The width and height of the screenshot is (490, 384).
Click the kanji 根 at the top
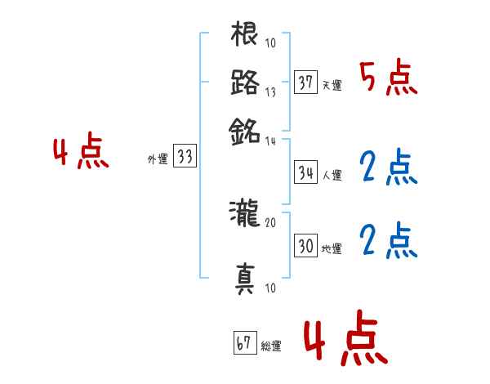[245, 36]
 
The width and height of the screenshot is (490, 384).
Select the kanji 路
[245, 83]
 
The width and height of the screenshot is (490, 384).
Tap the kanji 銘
[245, 130]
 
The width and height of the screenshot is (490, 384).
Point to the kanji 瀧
[245, 215]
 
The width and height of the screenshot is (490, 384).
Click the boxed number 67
[243, 344]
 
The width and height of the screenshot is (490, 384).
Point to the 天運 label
[332, 86]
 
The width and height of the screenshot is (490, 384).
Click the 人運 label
[332, 175]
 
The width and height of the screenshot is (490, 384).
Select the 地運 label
[332, 248]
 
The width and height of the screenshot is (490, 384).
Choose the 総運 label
[271, 346]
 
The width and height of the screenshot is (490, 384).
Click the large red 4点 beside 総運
[345, 342]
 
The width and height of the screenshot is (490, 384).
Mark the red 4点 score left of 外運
[81, 154]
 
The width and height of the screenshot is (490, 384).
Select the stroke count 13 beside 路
[270, 92]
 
